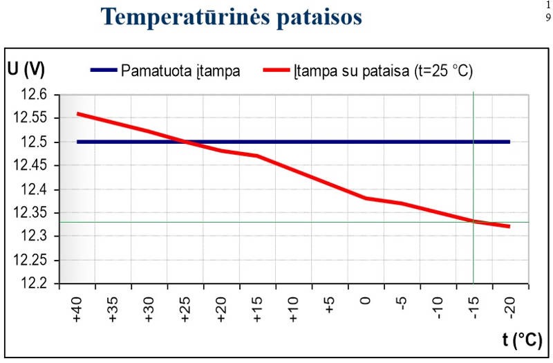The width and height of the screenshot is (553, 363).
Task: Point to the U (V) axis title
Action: pos(27,69)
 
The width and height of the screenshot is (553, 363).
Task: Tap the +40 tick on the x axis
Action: pos(77,308)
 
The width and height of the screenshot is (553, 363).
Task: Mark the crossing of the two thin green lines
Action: pos(474,222)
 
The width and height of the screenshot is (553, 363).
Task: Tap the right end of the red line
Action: pos(509,226)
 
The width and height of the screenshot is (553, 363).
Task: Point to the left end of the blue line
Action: pos(77,142)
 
